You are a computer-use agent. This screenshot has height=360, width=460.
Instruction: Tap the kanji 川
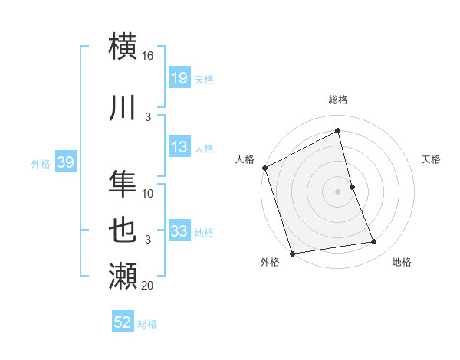click(x=123, y=109)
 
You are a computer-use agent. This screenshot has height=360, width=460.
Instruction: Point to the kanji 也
click(x=123, y=231)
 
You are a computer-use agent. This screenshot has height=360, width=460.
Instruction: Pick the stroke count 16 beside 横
click(x=148, y=56)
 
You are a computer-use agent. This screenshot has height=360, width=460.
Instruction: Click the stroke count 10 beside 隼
click(x=148, y=193)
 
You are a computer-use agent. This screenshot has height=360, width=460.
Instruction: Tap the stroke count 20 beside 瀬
click(x=148, y=285)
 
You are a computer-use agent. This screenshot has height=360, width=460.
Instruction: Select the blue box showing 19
click(x=179, y=78)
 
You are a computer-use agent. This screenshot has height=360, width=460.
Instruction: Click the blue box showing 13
click(x=179, y=147)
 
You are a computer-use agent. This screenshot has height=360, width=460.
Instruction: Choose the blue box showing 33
click(x=179, y=231)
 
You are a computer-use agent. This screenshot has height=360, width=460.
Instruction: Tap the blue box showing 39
click(x=65, y=162)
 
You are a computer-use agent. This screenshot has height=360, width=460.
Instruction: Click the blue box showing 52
click(x=123, y=322)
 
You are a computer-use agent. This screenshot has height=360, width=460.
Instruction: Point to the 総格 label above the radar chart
click(x=338, y=100)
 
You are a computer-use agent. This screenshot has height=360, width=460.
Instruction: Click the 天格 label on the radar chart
click(x=432, y=159)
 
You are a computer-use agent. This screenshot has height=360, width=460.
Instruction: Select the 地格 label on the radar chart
click(x=402, y=263)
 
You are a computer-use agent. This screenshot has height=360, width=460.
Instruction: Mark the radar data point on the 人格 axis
click(x=264, y=168)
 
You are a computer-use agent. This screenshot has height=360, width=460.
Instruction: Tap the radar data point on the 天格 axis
click(x=352, y=187)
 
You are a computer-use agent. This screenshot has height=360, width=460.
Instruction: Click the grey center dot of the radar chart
click(x=338, y=191)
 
